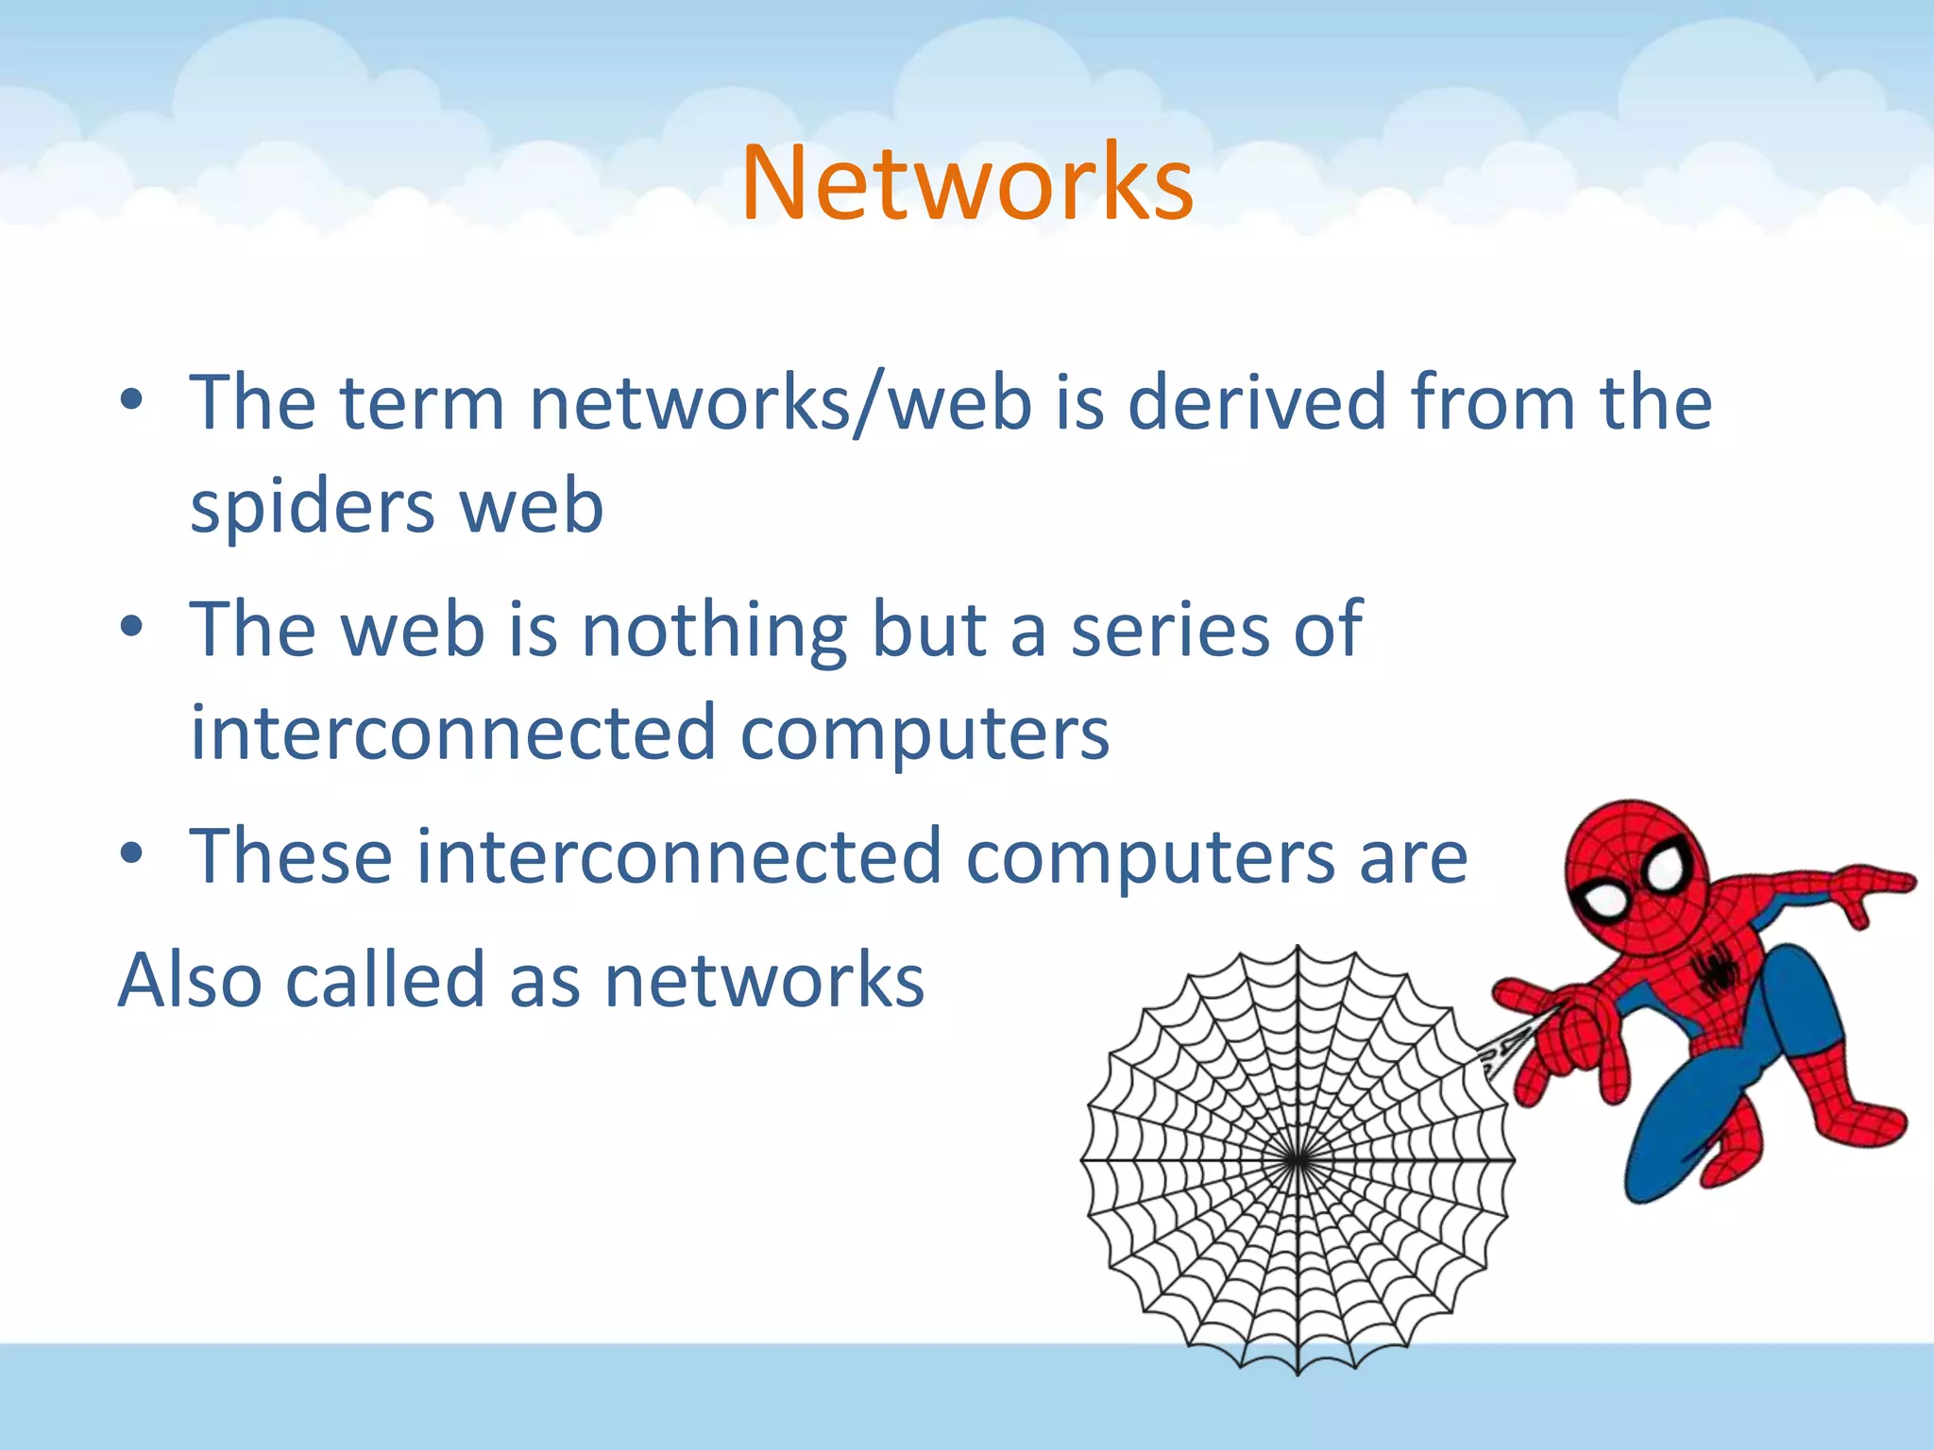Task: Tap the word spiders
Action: click(x=312, y=507)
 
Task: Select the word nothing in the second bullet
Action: click(x=714, y=630)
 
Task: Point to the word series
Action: click(x=1169, y=630)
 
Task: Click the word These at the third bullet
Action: click(x=291, y=856)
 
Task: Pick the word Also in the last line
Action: click(x=189, y=980)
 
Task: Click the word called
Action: click(x=385, y=980)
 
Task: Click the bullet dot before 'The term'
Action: click(x=131, y=400)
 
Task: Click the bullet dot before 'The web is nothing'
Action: click(x=131, y=627)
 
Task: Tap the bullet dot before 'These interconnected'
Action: click(x=131, y=853)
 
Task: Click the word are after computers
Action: click(x=1414, y=856)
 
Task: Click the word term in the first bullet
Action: click(x=422, y=403)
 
